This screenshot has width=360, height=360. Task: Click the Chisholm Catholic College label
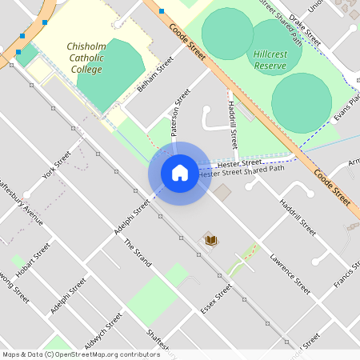(x=85, y=58)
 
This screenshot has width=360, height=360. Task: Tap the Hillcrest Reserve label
(x=270, y=58)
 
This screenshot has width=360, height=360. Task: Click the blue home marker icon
(x=179, y=173)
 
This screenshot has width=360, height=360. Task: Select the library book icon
(x=212, y=239)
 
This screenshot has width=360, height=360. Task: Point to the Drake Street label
(x=305, y=29)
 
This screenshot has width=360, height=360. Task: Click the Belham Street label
(x=155, y=74)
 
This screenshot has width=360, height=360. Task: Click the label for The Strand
(x=137, y=255)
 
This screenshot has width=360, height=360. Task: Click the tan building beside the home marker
(x=222, y=192)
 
